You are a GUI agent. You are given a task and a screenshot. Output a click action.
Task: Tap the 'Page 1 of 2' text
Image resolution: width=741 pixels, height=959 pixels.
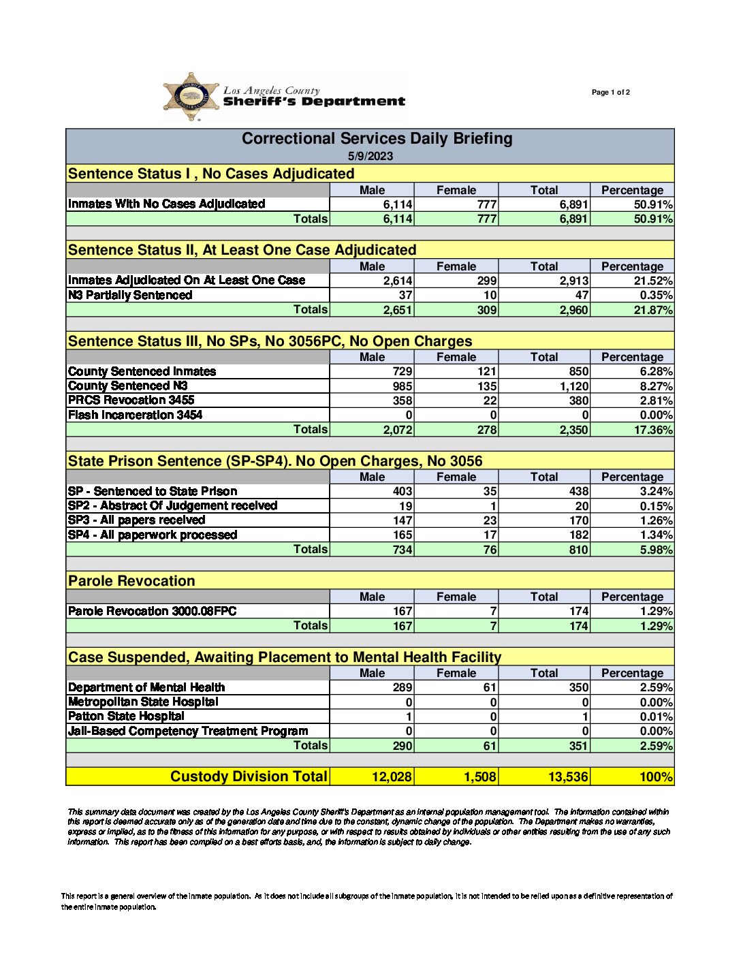610,93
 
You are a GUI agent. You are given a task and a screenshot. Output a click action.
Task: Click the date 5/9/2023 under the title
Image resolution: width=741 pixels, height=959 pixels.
370,156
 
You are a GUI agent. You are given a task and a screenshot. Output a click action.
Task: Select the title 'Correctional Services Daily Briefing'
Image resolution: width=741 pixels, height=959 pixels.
377,139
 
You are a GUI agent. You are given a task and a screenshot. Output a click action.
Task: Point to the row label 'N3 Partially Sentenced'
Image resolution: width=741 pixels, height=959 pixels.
130,295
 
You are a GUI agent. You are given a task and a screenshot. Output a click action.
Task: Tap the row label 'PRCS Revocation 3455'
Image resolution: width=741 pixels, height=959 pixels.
131,400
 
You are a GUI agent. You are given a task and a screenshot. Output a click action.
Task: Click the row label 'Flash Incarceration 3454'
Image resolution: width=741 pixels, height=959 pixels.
135,415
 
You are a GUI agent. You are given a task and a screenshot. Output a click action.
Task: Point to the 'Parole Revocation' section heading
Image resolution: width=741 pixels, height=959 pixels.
131,581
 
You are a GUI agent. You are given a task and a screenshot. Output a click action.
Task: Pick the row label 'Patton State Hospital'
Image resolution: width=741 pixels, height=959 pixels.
126,716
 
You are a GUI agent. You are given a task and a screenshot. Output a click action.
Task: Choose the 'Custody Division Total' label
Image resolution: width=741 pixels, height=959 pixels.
249,776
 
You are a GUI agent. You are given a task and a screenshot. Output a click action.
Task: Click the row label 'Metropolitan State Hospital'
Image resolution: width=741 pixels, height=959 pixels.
143,702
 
